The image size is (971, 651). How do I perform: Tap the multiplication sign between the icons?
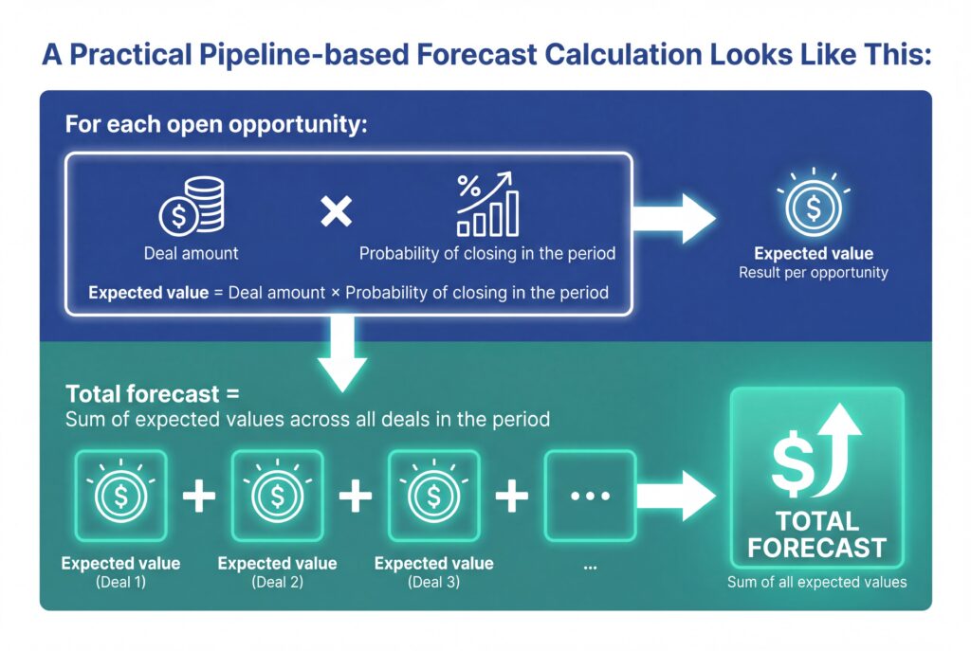pyautogui.click(x=335, y=210)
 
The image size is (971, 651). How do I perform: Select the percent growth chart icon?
pyautogui.click(x=487, y=204)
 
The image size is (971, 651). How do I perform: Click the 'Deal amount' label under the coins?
pyautogui.click(x=192, y=254)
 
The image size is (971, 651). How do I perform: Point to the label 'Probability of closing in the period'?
pyautogui.click(x=487, y=254)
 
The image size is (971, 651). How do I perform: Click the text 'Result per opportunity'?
pyautogui.click(x=813, y=273)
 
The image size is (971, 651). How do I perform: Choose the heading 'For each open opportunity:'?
pyautogui.click(x=214, y=125)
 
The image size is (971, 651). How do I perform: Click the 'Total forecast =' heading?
pyautogui.click(x=153, y=393)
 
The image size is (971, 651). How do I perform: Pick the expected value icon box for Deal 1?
pyautogui.click(x=121, y=494)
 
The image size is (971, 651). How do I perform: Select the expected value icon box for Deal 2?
pyautogui.click(x=278, y=494)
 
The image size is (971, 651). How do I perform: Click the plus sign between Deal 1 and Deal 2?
pyautogui.click(x=199, y=496)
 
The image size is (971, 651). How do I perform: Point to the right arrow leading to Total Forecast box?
pyautogui.click(x=674, y=496)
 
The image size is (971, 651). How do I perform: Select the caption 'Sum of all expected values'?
pyautogui.click(x=816, y=582)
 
